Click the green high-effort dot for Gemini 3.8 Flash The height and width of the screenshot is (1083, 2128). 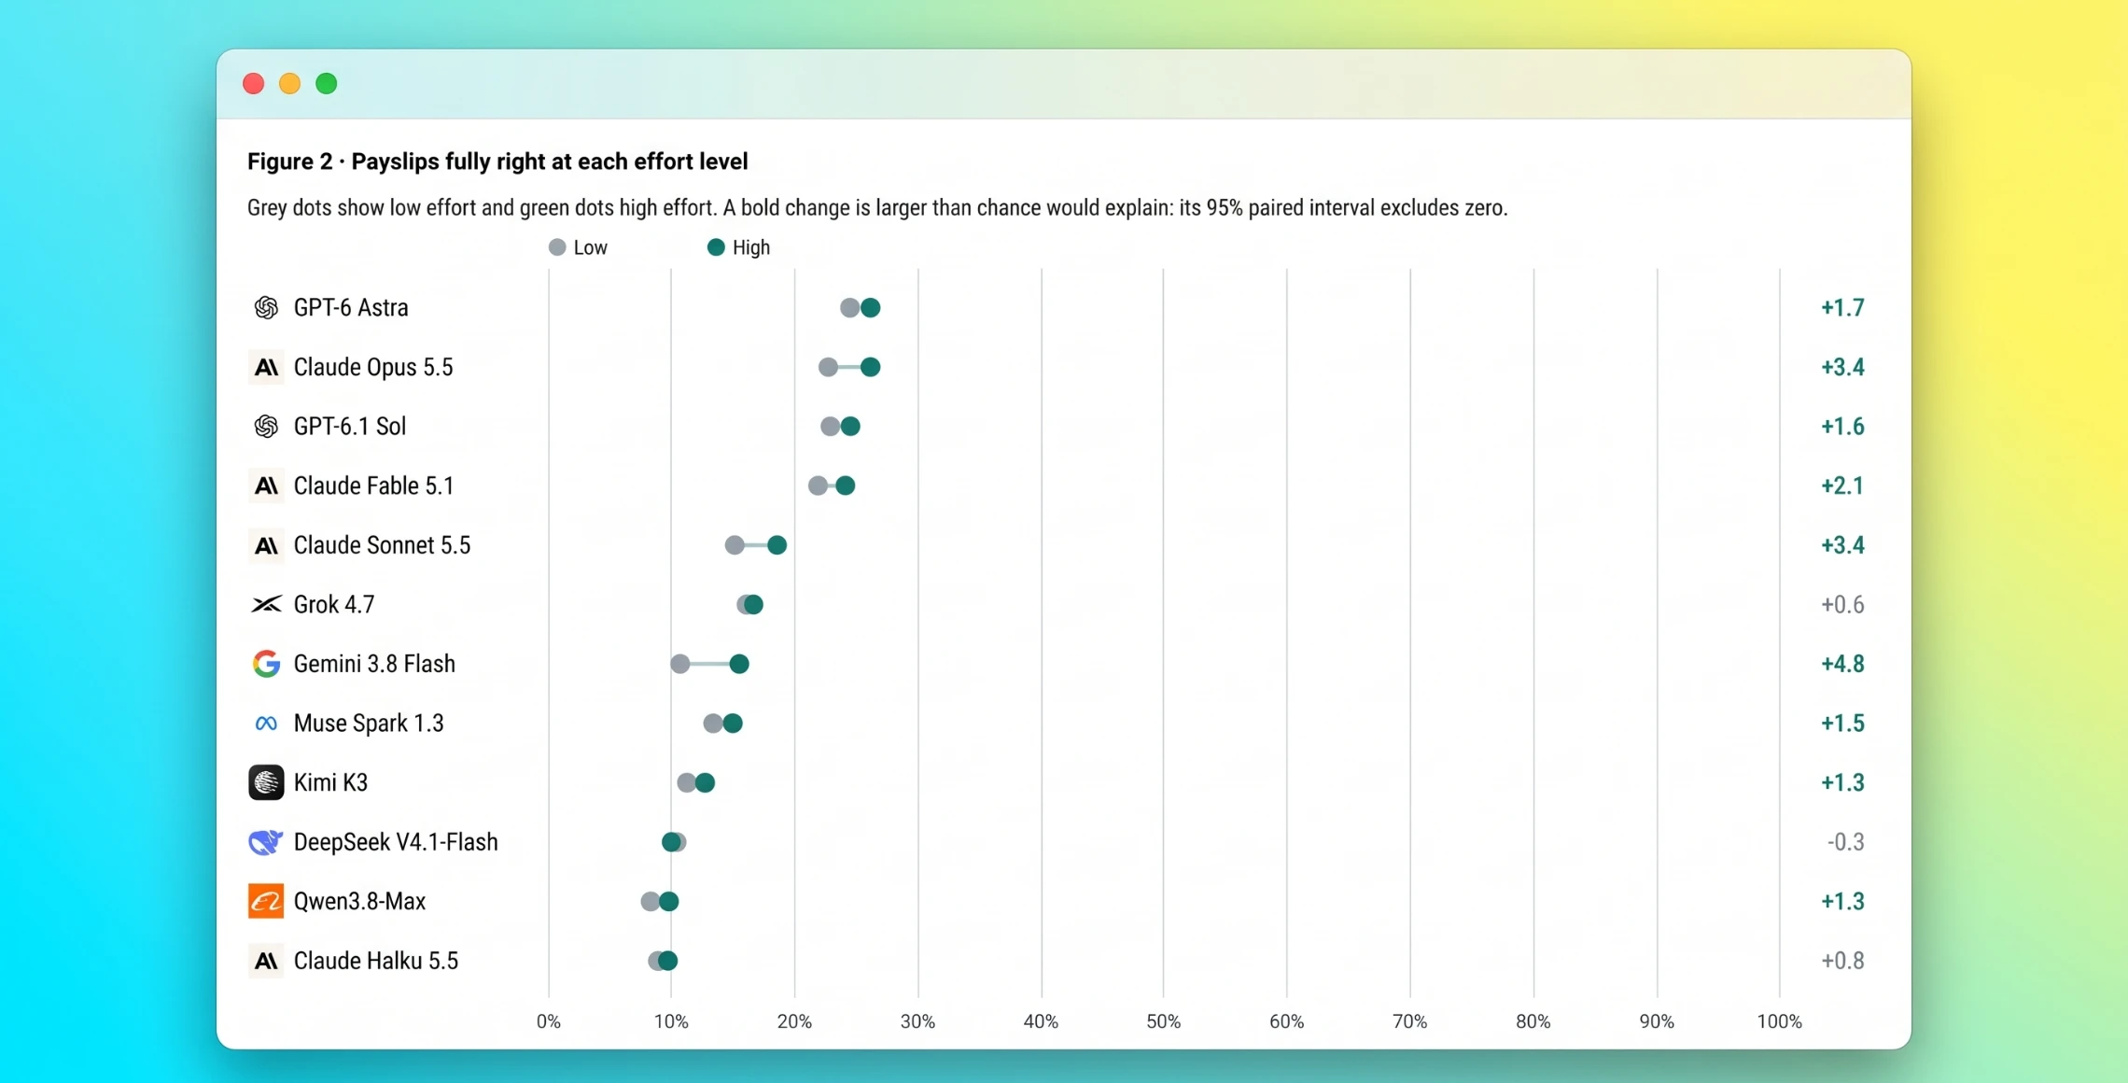[739, 664]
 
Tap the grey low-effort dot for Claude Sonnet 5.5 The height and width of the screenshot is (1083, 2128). [735, 545]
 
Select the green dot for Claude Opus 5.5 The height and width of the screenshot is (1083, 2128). [870, 367]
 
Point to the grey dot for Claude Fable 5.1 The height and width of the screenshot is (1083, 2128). [818, 485]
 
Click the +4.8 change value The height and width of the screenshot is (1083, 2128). [1842, 664]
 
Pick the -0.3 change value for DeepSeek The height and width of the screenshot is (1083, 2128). [1845, 842]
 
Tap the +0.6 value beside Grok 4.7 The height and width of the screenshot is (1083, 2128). [1842, 605]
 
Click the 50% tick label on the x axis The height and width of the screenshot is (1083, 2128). [1164, 1021]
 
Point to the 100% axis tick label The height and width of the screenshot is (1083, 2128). [1780, 1021]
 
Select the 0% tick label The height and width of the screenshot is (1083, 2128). [549, 1021]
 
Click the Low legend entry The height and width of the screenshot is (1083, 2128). [579, 247]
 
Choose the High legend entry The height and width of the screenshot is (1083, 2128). [738, 247]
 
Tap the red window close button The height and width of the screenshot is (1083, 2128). [253, 84]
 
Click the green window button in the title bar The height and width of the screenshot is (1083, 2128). [327, 84]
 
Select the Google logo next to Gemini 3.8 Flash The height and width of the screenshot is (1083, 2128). [266, 664]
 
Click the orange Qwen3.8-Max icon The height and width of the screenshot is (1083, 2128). [266, 902]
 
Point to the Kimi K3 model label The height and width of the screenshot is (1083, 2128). [330, 782]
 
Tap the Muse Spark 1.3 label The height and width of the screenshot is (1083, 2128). [369, 724]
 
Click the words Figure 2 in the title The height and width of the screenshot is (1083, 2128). [289, 162]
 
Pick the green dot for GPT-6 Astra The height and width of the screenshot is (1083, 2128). [870, 308]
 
